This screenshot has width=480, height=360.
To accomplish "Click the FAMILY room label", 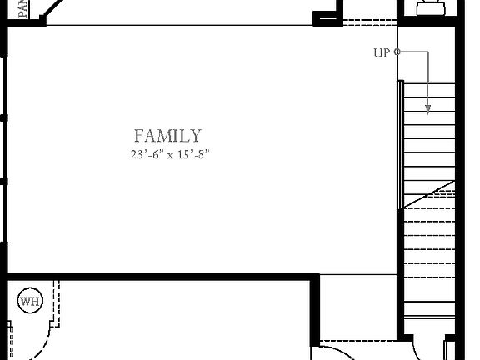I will click(167, 135).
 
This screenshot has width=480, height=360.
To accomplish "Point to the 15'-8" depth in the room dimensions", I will click(191, 155).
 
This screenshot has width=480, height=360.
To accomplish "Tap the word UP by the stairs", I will click(382, 53).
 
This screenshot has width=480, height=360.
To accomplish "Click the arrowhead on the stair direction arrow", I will click(428, 108).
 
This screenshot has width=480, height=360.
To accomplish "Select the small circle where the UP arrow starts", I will click(397, 52).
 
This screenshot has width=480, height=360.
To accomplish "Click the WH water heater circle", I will click(30, 301).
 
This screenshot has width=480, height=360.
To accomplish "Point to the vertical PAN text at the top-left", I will click(22, 8).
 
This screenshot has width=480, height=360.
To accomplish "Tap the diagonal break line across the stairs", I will click(428, 194).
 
